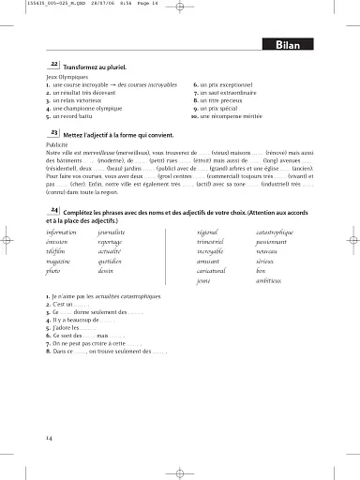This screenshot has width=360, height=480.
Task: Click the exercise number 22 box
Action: pyautogui.click(x=55, y=64)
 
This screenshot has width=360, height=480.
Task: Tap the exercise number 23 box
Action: pyautogui.click(x=55, y=134)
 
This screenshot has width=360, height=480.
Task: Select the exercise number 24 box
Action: pyautogui.click(x=55, y=212)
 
